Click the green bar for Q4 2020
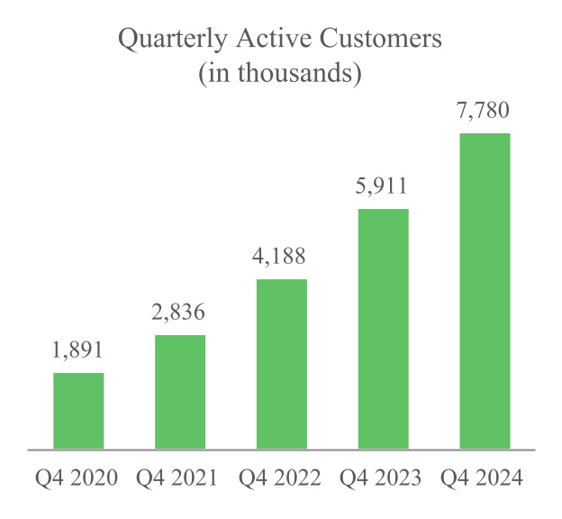point(78,410)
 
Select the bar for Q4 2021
point(180,391)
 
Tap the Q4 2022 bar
point(282,363)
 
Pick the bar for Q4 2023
point(384,328)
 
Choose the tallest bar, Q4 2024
point(485,290)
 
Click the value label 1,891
point(78,351)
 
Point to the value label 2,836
point(180,314)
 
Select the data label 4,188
point(282,257)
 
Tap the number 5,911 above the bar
point(384,187)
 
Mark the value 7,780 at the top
point(485,112)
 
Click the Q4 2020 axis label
point(78,478)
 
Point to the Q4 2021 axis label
point(180,478)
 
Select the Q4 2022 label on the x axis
point(282,478)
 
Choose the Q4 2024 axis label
point(485,478)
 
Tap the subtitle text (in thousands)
point(280,75)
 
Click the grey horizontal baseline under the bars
point(281,449)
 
